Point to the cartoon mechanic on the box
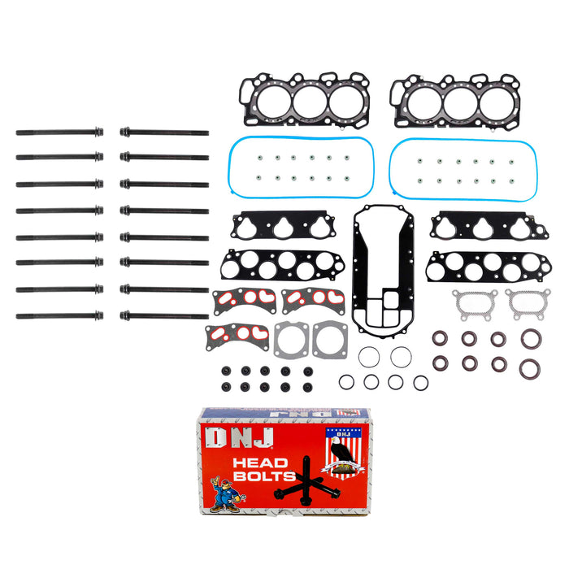click(224, 494)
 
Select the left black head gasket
click(303, 102)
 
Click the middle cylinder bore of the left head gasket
click(309, 102)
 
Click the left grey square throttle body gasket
click(289, 341)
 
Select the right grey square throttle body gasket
click(330, 341)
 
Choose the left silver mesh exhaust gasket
click(468, 305)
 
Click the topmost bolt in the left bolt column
click(59, 131)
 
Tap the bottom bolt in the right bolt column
click(163, 315)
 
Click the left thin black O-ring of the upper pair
click(368, 356)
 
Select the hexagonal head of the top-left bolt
click(99, 131)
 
